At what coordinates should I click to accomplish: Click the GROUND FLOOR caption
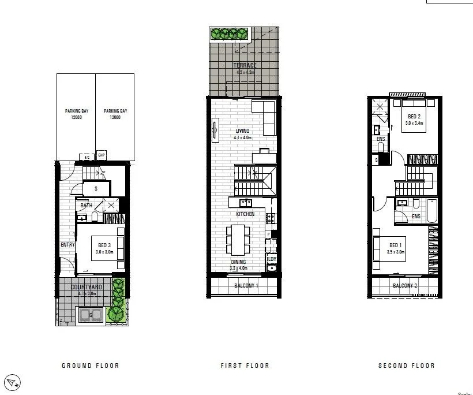tap(90, 366)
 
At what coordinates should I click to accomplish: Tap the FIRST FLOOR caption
tap(245, 366)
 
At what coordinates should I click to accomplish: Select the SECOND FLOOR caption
tap(406, 366)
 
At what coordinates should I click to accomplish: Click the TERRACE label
tap(245, 65)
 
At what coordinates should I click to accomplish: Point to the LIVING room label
tap(242, 131)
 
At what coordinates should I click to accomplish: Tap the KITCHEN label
tap(245, 214)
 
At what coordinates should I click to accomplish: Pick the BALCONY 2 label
tap(405, 286)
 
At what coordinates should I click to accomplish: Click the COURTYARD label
tap(87, 287)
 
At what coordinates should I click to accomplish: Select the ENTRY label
tap(67, 245)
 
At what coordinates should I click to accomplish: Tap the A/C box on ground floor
tap(87, 157)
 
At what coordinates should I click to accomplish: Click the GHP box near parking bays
tap(102, 155)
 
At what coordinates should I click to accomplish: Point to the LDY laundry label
tap(272, 260)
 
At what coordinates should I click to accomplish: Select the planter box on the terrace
tap(229, 34)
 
